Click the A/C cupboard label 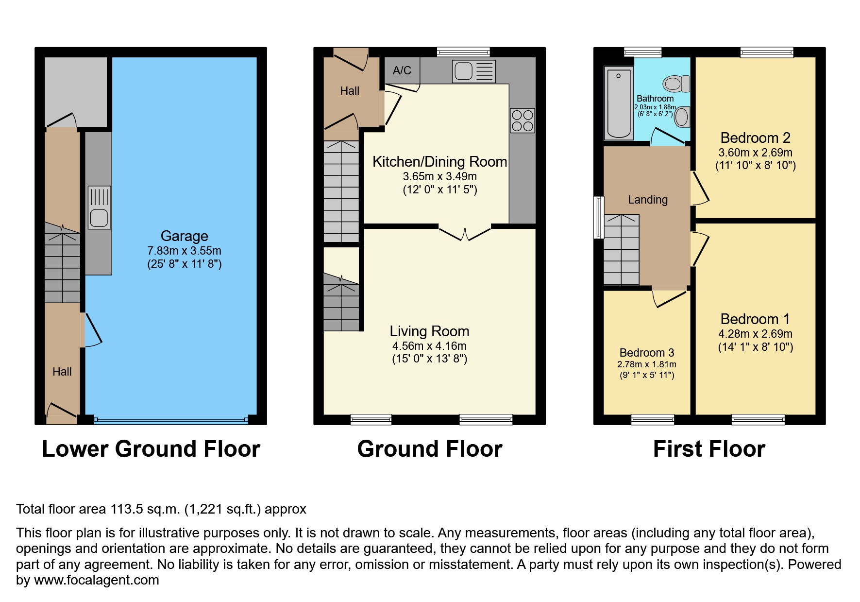402,70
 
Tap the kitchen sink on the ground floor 473,71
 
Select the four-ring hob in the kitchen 522,120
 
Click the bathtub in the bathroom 619,103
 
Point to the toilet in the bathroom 677,84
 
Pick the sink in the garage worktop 99,207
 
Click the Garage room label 184,236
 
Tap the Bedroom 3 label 646,353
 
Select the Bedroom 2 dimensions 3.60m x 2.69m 755,153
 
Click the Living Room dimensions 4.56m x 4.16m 429,346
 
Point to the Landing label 647,200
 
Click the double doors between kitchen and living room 465,234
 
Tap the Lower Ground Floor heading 151,449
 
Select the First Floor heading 709,449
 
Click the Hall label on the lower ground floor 62,372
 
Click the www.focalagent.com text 96,580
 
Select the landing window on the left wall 599,217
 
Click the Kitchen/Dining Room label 439,162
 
